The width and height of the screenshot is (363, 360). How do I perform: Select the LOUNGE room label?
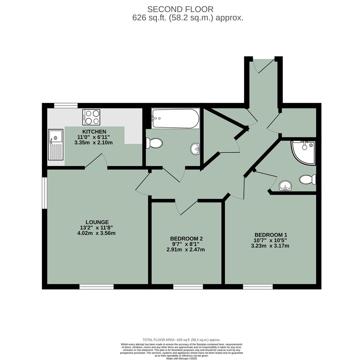(97, 222)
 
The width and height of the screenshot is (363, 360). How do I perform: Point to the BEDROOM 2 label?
(186, 239)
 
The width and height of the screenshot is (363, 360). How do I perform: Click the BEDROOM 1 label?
(271, 235)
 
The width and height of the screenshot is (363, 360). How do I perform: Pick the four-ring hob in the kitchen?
(91, 117)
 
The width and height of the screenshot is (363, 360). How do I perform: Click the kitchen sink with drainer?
(55, 145)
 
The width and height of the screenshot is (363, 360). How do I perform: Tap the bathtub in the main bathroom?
(175, 118)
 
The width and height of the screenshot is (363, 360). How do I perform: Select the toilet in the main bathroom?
(154, 143)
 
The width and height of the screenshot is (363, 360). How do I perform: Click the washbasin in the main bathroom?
(195, 149)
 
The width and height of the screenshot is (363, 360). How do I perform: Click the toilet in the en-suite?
(308, 180)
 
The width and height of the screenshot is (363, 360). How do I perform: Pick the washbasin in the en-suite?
(285, 186)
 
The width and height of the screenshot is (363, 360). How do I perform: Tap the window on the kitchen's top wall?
(66, 106)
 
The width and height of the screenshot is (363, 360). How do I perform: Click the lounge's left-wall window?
(44, 193)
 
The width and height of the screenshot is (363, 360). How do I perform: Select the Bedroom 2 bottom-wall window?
(188, 287)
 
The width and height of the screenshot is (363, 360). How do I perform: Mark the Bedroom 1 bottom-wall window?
(258, 287)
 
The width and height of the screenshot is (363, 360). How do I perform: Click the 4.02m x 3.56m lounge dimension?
(96, 233)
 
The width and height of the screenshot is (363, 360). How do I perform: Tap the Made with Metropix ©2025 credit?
(181, 358)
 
